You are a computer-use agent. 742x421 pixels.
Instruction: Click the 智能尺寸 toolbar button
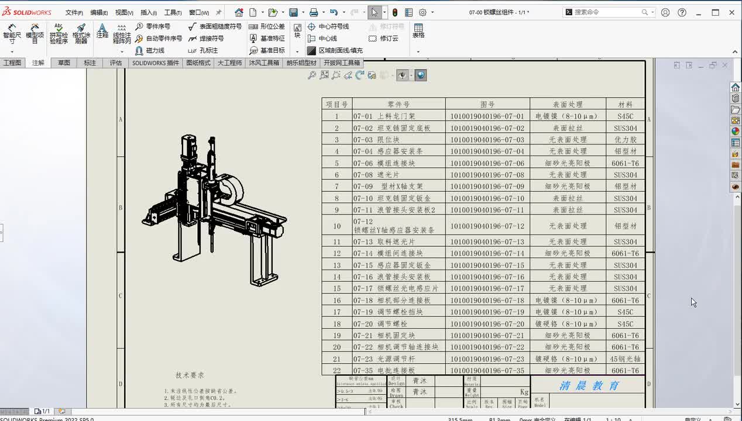coord(12,34)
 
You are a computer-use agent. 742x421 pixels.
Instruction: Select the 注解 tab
coord(38,63)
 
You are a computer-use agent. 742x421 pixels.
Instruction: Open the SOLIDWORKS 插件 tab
coord(156,63)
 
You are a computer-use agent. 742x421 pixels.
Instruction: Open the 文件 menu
coord(74,12)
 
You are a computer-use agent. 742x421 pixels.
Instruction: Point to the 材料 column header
coord(626,104)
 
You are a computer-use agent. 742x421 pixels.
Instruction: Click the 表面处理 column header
coord(568,104)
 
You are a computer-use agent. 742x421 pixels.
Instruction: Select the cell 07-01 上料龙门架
coord(384,116)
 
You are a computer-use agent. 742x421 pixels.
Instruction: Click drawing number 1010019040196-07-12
coord(487,226)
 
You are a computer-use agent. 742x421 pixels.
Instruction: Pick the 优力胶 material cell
coord(626,140)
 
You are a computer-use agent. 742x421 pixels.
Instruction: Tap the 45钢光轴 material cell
coord(626,359)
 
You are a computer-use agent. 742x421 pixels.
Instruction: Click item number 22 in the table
coord(336,371)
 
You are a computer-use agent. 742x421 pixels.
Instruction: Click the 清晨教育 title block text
coord(589,386)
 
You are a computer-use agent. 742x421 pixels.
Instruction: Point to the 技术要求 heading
coord(190,375)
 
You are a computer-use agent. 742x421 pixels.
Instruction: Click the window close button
coord(731,12)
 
